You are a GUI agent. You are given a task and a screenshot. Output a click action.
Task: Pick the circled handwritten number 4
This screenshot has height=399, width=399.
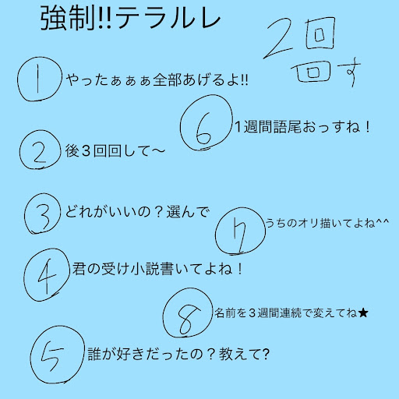(46, 275)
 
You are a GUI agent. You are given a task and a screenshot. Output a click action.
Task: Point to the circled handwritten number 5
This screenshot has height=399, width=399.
(58, 355)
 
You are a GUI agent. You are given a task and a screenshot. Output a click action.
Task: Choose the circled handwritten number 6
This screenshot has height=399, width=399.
(206, 122)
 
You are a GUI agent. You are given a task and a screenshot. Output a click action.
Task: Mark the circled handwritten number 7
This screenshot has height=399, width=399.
(240, 231)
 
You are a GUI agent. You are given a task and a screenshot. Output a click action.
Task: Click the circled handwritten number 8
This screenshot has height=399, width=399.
(188, 312)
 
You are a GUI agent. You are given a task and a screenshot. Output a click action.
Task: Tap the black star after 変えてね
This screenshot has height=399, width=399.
(362, 312)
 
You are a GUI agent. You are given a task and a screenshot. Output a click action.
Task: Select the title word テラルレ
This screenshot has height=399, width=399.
(168, 19)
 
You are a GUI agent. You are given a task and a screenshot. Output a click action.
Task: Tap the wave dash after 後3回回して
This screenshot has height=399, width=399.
(157, 151)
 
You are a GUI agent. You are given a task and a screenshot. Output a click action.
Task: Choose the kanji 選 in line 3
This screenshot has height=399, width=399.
(174, 212)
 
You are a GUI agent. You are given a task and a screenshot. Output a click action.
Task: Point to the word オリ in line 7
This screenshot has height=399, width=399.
(308, 224)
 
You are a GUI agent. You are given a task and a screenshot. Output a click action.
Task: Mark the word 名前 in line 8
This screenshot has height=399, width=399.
(225, 312)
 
